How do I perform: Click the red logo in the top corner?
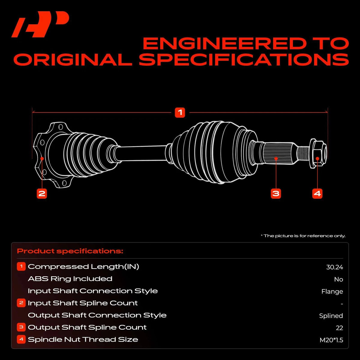40,24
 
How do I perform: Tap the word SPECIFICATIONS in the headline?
244,59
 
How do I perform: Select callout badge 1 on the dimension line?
180,112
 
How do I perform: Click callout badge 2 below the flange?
42,193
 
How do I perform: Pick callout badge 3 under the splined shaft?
276,193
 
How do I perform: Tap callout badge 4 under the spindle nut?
317,193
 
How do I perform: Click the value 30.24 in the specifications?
334,267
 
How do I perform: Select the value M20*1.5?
331,340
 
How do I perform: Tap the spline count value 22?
339,328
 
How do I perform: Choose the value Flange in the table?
332,292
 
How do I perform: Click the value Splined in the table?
331,316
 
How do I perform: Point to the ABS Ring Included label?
70,279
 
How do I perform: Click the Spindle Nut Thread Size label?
83,339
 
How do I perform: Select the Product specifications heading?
70,251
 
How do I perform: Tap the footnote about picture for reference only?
303,236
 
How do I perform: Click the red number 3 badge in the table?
21,327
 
